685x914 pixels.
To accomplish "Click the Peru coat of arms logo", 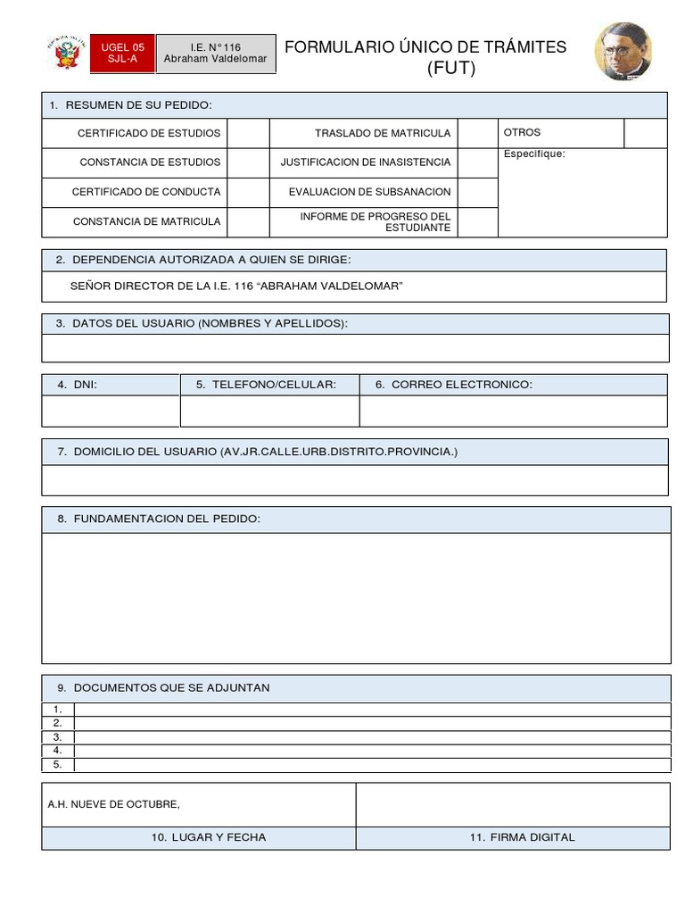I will [x=67, y=54].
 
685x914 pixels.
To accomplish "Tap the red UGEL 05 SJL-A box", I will [x=122, y=54].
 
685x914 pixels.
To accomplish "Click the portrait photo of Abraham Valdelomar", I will [x=623, y=52].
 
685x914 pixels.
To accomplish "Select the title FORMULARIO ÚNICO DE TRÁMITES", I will [x=425, y=47].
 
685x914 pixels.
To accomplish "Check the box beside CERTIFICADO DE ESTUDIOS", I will [x=248, y=133].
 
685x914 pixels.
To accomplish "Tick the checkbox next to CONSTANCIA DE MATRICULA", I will [x=248, y=221].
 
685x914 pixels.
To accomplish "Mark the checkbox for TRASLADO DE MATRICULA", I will [x=477, y=133].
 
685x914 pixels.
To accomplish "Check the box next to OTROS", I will [x=645, y=133].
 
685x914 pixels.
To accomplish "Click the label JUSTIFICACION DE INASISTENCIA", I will [x=366, y=162].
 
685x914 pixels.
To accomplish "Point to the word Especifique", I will [x=534, y=154].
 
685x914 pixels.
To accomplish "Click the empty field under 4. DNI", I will [x=111, y=411].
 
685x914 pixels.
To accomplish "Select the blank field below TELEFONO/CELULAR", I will [x=269, y=411].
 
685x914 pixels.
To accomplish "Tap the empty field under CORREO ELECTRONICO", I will [x=513, y=411].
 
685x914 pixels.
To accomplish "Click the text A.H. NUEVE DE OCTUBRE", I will [x=113, y=804].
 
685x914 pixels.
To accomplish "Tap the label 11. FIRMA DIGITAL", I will [x=522, y=837].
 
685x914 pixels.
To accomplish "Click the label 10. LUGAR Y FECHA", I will [x=209, y=837].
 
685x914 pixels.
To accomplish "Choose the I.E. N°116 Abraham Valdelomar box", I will [x=216, y=54].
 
